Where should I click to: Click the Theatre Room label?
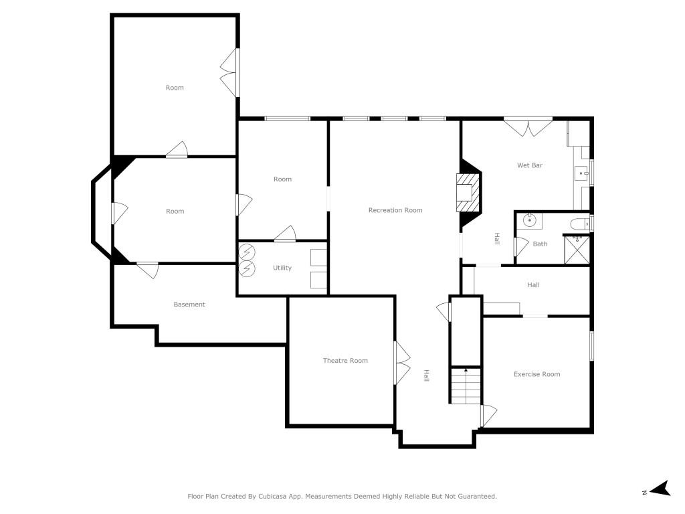[x=345, y=361]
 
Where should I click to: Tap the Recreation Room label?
[x=395, y=210]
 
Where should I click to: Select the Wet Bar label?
[x=529, y=165]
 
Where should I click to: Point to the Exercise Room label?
[x=536, y=374]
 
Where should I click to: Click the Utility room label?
[x=282, y=268]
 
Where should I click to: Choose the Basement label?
[x=189, y=305]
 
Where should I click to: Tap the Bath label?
[x=540, y=244]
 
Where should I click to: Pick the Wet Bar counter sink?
[x=581, y=173]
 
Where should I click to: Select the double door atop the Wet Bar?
[x=528, y=127]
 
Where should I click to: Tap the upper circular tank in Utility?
[x=248, y=252]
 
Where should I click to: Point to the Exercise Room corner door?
[x=488, y=416]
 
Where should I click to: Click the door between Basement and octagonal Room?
[x=147, y=270]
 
